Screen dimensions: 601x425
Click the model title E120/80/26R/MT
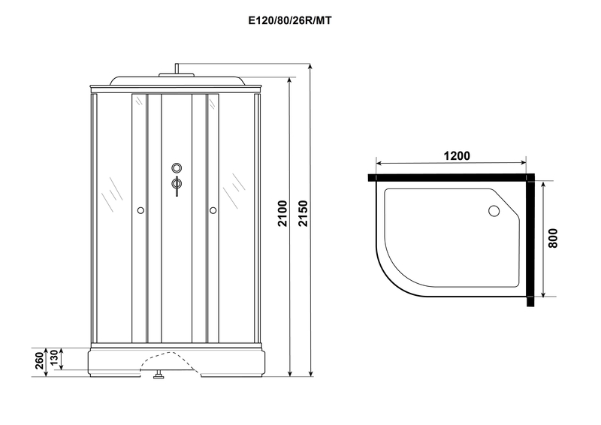(290, 21)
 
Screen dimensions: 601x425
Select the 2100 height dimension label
(282, 213)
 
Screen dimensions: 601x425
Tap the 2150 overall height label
(303, 213)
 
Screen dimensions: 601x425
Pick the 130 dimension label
(54, 357)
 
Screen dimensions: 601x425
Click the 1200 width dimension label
(457, 156)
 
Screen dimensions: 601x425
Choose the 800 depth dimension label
(553, 238)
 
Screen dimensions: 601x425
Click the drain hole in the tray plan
(494, 211)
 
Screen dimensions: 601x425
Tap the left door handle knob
(140, 210)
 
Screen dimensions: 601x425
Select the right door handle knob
(213, 210)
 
